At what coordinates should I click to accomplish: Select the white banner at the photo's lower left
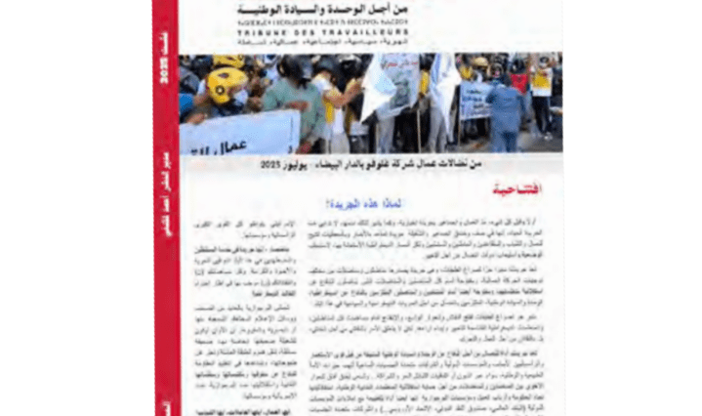(239, 134)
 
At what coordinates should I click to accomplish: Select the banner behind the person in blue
(477, 99)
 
